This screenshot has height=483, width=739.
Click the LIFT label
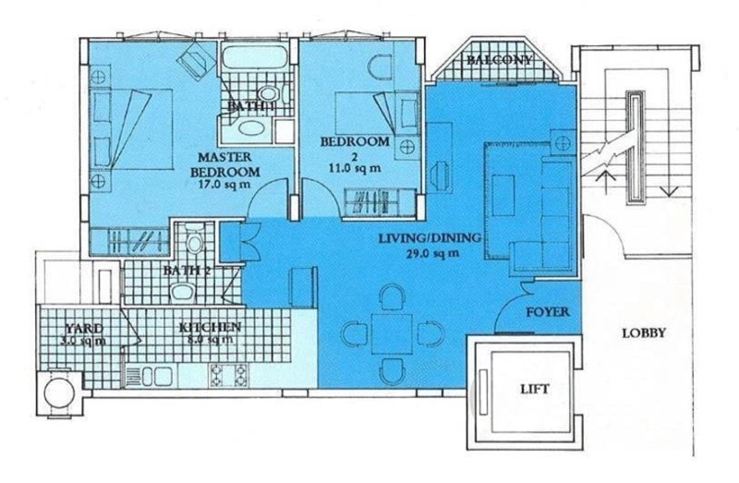[535, 389]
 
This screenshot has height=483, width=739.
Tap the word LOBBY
[644, 333]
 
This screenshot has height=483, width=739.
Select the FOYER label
[548, 311]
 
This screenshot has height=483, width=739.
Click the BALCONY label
[500, 60]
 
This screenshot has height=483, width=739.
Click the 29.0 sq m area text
[432, 253]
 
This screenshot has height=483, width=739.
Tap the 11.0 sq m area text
[355, 167]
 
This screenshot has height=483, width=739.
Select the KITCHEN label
[211, 327]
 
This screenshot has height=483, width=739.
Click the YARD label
[84, 329]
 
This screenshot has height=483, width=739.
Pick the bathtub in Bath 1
[254, 58]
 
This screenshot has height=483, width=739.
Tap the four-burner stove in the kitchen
[228, 376]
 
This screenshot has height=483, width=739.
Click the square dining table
[392, 334]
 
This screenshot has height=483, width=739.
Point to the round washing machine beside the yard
[59, 392]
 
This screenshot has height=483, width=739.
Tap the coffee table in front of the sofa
[503, 195]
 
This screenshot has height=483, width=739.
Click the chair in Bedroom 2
[380, 66]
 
